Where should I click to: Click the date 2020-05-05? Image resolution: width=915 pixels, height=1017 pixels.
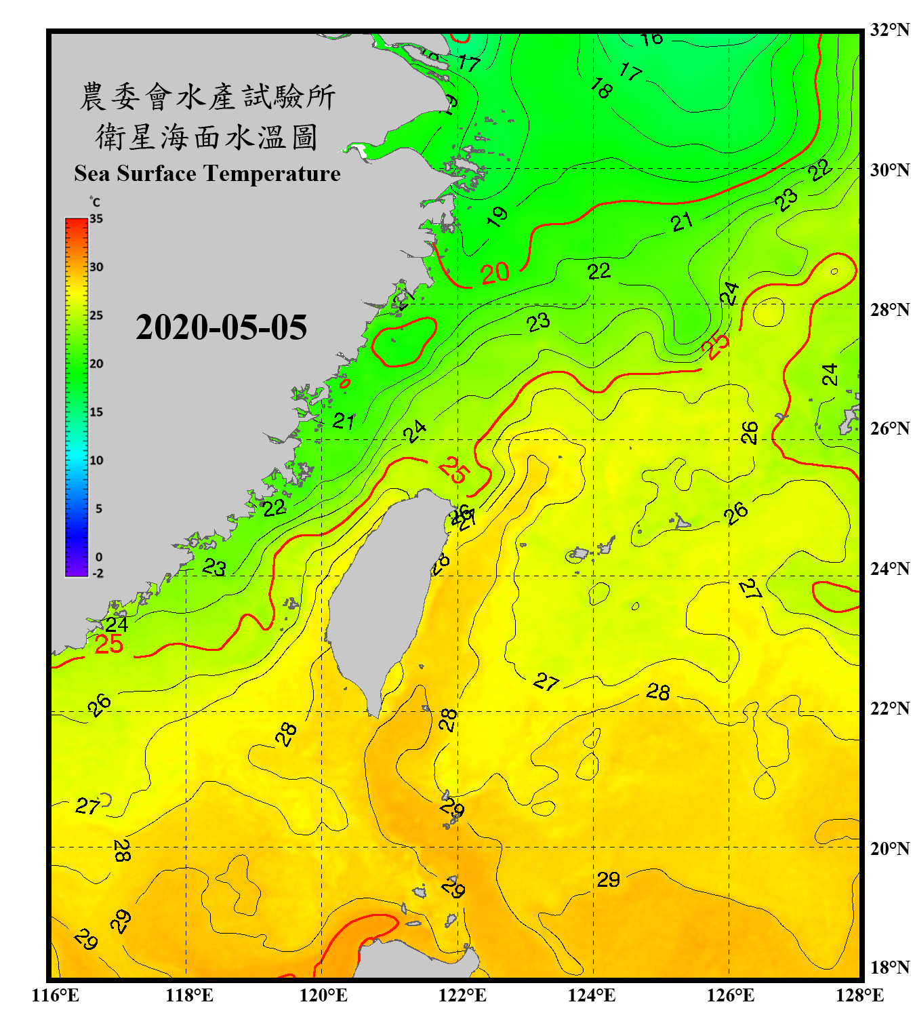(221, 327)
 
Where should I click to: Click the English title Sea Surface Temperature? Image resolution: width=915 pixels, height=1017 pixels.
(207, 174)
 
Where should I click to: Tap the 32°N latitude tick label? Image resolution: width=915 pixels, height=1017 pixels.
(889, 30)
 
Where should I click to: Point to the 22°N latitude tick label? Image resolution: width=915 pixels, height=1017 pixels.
(889, 709)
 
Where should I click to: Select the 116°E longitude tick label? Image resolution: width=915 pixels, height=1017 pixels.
(56, 995)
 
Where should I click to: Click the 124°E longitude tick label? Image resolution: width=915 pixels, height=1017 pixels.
(592, 995)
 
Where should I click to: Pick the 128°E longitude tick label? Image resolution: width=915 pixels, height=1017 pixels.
(859, 995)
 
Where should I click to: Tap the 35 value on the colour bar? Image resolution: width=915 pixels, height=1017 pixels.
(96, 219)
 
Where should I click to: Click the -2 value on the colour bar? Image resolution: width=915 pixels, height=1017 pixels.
(98, 574)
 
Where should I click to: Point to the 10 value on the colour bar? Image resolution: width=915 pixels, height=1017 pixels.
(96, 460)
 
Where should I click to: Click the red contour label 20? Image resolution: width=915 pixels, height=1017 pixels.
(495, 273)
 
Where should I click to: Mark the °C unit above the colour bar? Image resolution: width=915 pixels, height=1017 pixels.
(95, 202)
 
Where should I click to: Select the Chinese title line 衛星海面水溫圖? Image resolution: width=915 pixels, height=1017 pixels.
(207, 137)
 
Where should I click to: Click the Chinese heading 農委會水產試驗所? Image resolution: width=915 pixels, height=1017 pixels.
(207, 97)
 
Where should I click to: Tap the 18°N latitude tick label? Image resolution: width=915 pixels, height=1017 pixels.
(889, 968)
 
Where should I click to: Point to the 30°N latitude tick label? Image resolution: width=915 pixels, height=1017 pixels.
(889, 170)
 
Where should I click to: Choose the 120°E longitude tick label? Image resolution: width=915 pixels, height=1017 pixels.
(323, 995)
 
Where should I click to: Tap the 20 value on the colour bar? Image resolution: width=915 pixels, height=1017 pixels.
(96, 364)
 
